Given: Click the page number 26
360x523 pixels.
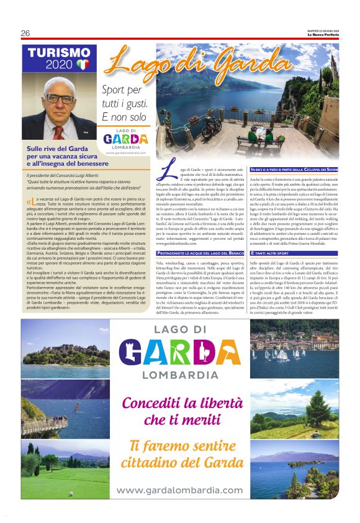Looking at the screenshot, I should pos(25,33).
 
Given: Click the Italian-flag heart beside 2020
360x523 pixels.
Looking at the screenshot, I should pos(84,64).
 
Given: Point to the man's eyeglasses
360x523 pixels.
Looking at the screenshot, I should pos(60,98).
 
